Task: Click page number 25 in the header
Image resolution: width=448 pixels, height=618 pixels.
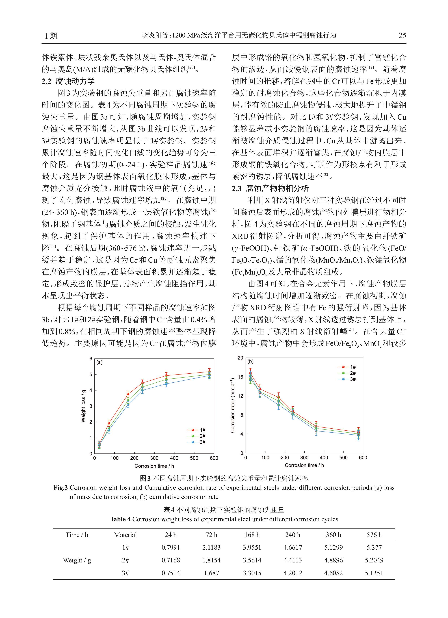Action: [402, 35]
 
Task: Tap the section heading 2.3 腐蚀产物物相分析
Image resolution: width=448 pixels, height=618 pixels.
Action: [270, 188]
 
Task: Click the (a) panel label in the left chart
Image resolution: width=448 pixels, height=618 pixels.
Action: [99, 362]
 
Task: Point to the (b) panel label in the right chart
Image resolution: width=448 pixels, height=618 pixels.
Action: [250, 362]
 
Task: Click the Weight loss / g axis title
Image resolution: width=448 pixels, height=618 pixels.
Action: [83, 406]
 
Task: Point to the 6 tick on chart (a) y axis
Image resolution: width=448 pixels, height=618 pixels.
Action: [91, 359]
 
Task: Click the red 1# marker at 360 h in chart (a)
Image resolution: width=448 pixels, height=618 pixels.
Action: [166, 376]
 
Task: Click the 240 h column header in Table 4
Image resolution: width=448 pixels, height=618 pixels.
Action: [293, 535]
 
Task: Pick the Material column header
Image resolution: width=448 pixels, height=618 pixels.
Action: [125, 535]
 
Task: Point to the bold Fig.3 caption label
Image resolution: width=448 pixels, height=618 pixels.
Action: [60, 487]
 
